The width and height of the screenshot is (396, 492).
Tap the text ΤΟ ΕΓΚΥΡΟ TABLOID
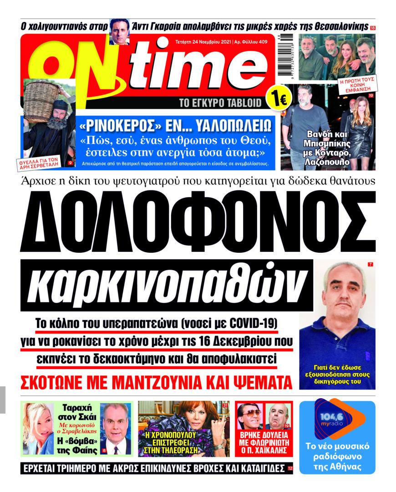(221, 103)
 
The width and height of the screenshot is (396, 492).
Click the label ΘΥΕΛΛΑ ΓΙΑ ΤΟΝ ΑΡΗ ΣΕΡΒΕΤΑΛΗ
(43, 159)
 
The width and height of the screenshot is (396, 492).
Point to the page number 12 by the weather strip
(290, 468)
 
